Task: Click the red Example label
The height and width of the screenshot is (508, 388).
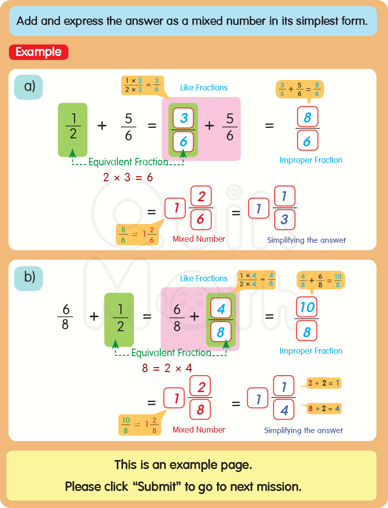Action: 38,52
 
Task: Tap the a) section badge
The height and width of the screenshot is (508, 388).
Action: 29,86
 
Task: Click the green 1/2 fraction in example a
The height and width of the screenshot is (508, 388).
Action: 73,127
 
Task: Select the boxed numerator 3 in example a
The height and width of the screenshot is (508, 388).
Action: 183,118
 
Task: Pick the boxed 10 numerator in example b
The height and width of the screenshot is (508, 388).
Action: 307,307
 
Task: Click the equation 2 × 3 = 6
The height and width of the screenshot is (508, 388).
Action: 128,177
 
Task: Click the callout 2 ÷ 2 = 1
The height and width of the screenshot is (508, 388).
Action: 324,384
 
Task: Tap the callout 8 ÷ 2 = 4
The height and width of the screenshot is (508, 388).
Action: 324,409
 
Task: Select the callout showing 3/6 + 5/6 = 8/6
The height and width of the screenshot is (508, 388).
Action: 300,89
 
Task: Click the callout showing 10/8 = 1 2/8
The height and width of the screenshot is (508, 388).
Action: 140,425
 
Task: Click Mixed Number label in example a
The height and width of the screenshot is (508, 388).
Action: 199,239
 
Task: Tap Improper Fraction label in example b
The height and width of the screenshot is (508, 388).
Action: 311,351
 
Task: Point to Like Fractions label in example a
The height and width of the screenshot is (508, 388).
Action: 204,87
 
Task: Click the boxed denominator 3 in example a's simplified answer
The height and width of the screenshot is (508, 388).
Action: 284,220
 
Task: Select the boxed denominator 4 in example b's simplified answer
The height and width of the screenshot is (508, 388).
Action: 284,411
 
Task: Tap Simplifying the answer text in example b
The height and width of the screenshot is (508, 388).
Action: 304,430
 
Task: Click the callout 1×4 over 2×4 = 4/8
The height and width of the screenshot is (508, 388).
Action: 256,279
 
